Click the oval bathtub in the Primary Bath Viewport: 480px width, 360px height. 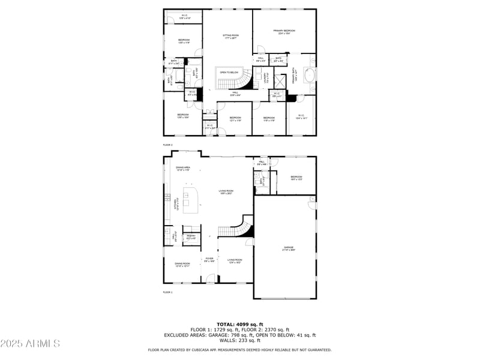tap(311, 76)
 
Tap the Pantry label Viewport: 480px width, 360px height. tap(191, 237)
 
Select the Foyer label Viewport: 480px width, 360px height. tap(209, 260)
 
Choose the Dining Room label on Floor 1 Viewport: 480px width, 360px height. tap(182, 265)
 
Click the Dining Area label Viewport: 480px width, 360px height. tap(183, 169)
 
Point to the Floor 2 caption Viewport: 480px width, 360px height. tap(167, 145)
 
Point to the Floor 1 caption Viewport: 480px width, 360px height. tap(167, 292)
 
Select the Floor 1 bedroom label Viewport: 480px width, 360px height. tap(296, 178)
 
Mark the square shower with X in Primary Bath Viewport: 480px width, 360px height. tap(280, 80)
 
